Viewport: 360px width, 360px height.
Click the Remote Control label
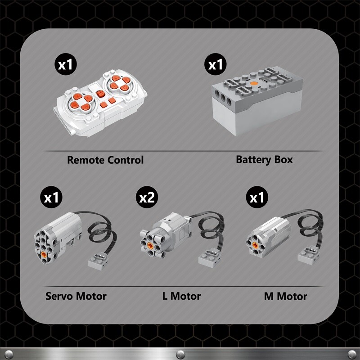tap(105, 160)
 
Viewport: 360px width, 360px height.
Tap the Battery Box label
tap(264, 160)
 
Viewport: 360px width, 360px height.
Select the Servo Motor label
tap(76, 296)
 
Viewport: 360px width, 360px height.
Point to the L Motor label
tap(181, 296)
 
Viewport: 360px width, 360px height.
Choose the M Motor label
tap(285, 296)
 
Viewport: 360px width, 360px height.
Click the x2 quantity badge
tap(147, 197)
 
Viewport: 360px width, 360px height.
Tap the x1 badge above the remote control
tap(66, 64)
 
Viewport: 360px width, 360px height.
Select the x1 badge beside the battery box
tap(216, 64)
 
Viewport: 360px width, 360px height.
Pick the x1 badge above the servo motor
tap(51, 197)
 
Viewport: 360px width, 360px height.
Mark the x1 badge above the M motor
tap(257, 197)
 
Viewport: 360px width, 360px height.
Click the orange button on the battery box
tap(254, 84)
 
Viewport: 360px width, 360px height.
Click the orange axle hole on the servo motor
tap(44, 254)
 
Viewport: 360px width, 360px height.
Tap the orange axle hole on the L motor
tap(150, 246)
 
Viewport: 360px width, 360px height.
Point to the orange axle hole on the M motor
tap(255, 245)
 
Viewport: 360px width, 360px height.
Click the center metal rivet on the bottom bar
tap(180, 354)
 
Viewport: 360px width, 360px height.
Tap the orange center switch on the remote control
tap(100, 94)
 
